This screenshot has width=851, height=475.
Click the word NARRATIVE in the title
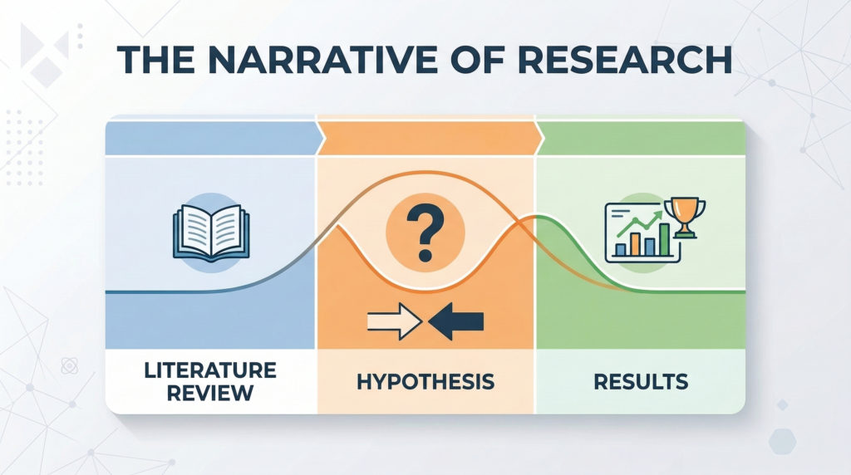tap(322, 59)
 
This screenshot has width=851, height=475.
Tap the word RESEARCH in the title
tap(625, 59)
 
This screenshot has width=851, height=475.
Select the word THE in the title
tap(156, 59)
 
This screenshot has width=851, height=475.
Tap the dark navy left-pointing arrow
tap(456, 321)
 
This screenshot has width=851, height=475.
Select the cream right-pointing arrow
tap(395, 321)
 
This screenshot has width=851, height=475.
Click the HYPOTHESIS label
tap(425, 382)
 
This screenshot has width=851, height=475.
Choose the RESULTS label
tap(641, 382)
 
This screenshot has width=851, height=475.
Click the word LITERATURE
tap(210, 370)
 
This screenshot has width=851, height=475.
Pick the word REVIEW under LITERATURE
tap(210, 393)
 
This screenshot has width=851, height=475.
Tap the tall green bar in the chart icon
tap(664, 239)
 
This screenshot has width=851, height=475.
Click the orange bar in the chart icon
tap(634, 244)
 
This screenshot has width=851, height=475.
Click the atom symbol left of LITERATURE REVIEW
tap(70, 366)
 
